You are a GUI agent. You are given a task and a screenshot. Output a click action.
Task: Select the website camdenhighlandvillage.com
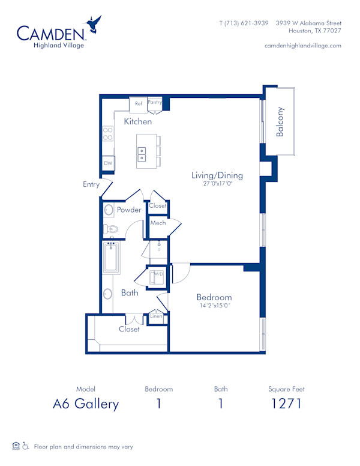[x=302, y=46]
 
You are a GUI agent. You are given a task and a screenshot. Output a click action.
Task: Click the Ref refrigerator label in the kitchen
[x=139, y=104]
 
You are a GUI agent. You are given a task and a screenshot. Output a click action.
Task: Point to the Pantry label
[x=155, y=103]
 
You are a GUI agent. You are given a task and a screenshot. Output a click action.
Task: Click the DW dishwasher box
[x=108, y=163]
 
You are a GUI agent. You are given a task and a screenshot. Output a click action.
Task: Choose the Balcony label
[x=280, y=122]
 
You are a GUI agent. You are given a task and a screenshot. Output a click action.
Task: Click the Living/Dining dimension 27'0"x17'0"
[x=217, y=185]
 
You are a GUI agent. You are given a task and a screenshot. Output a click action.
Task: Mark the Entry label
[x=91, y=185]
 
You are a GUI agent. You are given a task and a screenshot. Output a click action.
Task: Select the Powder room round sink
[x=109, y=210]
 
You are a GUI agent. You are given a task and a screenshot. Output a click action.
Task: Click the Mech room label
[x=158, y=223]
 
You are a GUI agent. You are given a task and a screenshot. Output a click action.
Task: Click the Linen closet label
[x=156, y=316]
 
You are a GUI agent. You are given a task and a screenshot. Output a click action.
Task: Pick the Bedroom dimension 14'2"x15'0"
[x=215, y=306]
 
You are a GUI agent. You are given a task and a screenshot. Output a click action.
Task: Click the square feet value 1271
[x=286, y=404]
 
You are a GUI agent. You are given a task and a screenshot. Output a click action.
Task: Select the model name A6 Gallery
[x=85, y=404]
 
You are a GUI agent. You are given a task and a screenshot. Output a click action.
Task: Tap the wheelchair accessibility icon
[x=26, y=446]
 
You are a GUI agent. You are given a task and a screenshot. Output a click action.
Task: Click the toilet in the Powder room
[x=112, y=228]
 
